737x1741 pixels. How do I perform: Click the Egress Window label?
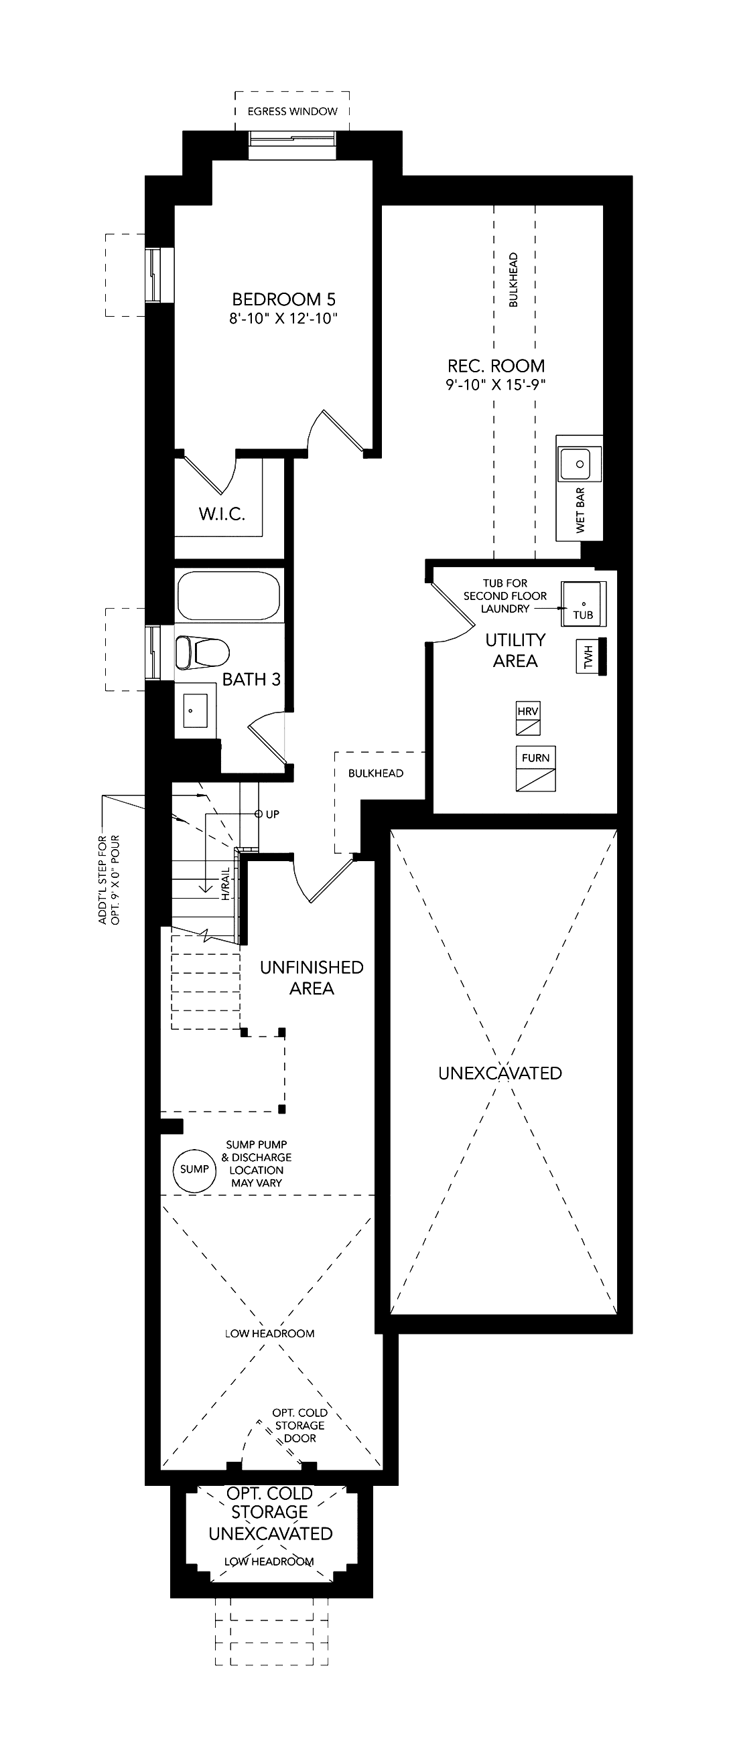[x=292, y=112]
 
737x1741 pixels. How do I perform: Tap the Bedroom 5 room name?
[x=283, y=299]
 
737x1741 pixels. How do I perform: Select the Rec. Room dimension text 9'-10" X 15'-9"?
[x=496, y=385]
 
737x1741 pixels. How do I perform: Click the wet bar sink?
[x=580, y=464]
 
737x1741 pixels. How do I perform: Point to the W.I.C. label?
[x=222, y=514]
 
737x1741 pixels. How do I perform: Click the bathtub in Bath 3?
[x=228, y=595]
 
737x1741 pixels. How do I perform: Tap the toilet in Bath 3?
[x=202, y=652]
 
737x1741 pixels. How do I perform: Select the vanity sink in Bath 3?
[x=196, y=711]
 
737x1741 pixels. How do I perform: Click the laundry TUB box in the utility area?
[x=583, y=603]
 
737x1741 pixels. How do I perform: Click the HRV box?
[x=528, y=718]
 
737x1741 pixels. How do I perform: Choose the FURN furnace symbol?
[x=535, y=769]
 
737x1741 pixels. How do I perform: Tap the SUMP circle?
[x=195, y=1169]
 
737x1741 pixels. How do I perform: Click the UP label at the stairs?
[x=273, y=814]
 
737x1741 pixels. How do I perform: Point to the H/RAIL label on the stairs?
[x=226, y=884]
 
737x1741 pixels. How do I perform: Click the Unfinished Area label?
[x=312, y=978]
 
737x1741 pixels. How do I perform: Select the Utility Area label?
[x=515, y=650]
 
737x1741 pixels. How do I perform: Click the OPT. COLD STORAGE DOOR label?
[x=299, y=1426]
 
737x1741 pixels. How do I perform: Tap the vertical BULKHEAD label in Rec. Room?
[x=513, y=280]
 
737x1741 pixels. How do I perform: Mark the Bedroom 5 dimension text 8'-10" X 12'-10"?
[x=283, y=319]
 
